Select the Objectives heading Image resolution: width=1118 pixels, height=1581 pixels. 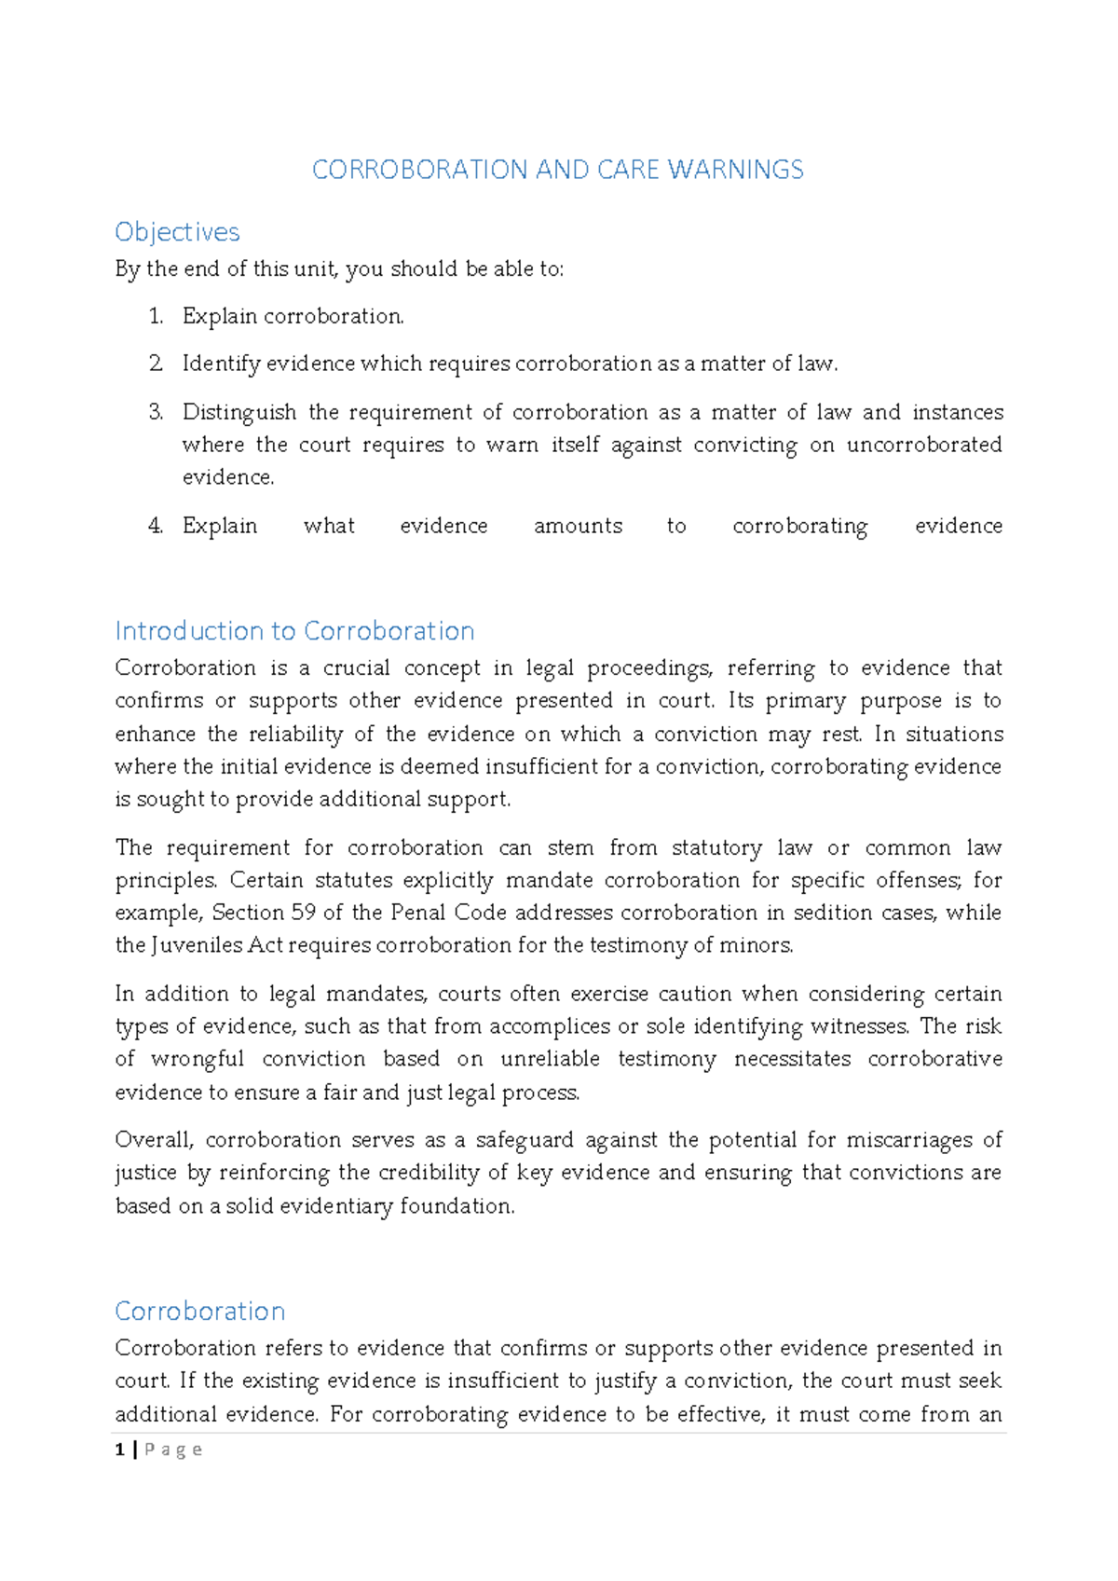point(177,232)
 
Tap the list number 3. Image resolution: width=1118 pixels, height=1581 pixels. point(156,412)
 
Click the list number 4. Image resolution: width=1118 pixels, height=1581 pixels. point(156,526)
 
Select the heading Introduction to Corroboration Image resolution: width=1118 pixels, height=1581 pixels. point(294,631)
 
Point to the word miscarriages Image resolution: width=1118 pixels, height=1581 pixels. point(910,1140)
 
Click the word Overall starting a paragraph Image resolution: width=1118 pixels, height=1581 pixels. point(155,1140)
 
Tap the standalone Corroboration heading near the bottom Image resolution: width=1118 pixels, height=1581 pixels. point(199,1312)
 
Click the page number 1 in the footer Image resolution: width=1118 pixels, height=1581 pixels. point(119,1450)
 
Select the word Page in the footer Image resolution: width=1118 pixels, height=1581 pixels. point(173,1450)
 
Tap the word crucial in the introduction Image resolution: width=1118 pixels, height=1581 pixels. point(356,668)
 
